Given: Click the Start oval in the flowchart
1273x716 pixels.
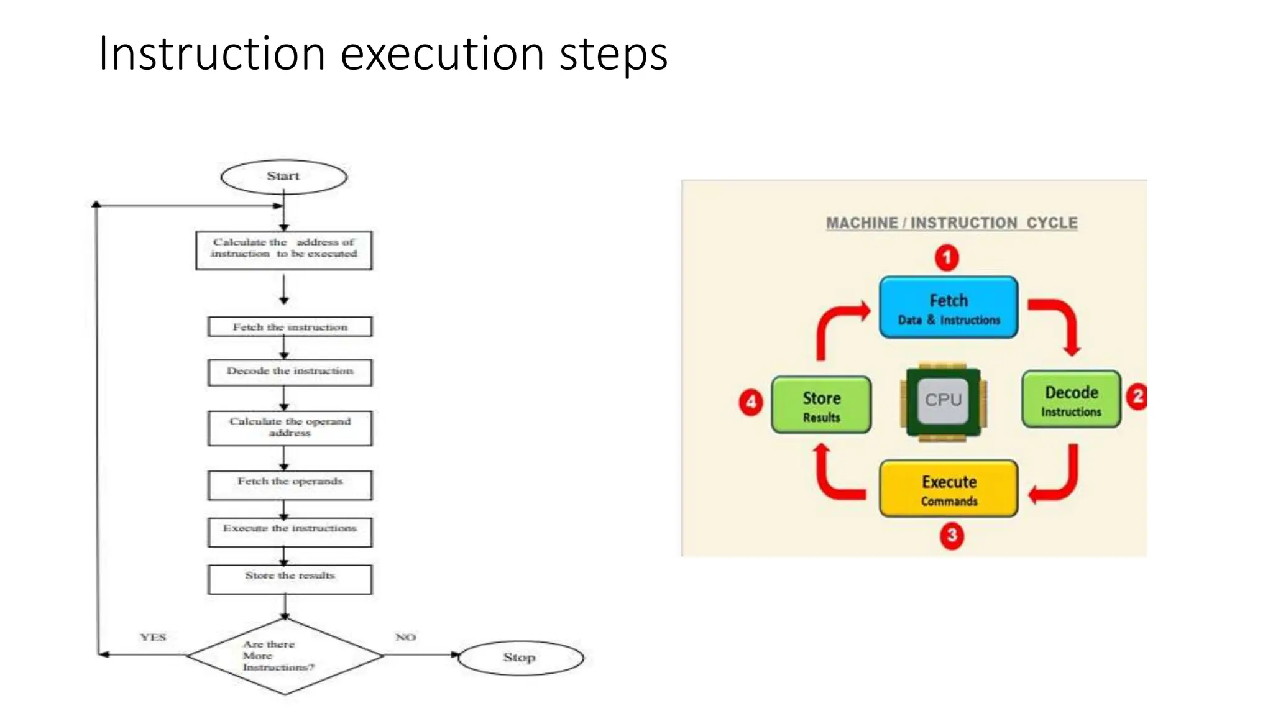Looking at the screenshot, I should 283,177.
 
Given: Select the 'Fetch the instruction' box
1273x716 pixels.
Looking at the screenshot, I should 290,327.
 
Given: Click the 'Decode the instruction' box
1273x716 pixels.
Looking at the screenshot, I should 290,372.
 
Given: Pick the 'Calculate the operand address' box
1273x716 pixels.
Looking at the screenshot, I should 290,428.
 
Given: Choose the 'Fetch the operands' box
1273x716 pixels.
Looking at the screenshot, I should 290,485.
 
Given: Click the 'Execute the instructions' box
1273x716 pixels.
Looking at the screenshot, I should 290,532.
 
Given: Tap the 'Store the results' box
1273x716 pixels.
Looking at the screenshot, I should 290,579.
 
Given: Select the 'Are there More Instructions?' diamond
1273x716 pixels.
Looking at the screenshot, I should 284,656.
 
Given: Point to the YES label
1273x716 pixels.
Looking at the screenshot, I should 153,637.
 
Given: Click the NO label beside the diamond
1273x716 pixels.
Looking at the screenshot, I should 405,637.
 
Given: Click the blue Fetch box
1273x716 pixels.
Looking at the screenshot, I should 949,308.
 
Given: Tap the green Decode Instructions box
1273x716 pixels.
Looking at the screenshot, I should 1071,400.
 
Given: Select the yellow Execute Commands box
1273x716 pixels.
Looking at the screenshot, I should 949,489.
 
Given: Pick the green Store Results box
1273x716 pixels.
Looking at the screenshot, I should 821,405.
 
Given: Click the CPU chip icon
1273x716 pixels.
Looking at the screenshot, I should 943,401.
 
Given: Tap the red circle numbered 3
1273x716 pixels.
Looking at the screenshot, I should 952,536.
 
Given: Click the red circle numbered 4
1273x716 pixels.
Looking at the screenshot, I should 751,402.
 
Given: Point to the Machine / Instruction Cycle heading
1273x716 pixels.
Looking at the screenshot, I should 951,223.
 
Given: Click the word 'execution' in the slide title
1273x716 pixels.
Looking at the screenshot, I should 443,54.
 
